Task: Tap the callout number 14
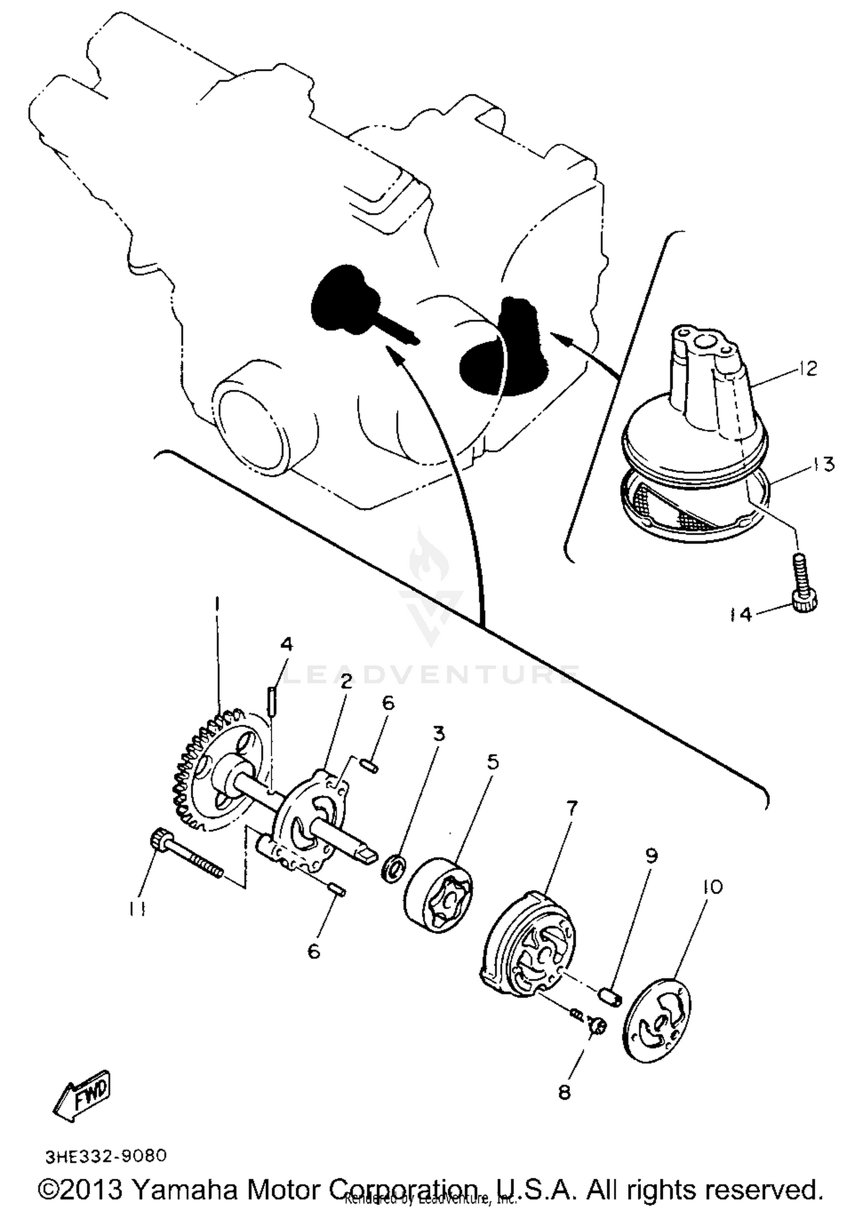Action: tap(743, 615)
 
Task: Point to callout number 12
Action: tap(808, 369)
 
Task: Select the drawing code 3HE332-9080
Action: tap(106, 1156)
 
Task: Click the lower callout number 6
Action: tap(314, 952)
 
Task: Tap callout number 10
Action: tap(712, 887)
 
